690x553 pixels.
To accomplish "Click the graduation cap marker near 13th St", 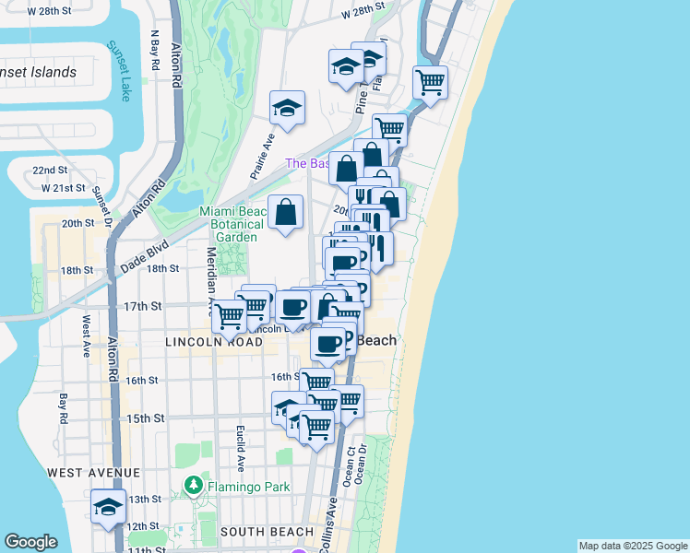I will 108,506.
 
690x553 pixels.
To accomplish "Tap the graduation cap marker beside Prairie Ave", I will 287,108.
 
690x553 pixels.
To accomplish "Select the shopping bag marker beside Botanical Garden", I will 285,211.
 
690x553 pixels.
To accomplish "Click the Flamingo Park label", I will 248,487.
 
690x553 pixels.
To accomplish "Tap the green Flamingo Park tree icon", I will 194,485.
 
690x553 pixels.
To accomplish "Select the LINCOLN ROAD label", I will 214,342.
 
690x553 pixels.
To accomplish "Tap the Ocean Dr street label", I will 363,462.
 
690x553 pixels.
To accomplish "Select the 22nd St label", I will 50,171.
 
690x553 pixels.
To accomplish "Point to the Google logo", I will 31,542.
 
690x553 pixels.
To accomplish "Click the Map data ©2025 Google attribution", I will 632,546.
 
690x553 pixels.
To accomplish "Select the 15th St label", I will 145,418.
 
